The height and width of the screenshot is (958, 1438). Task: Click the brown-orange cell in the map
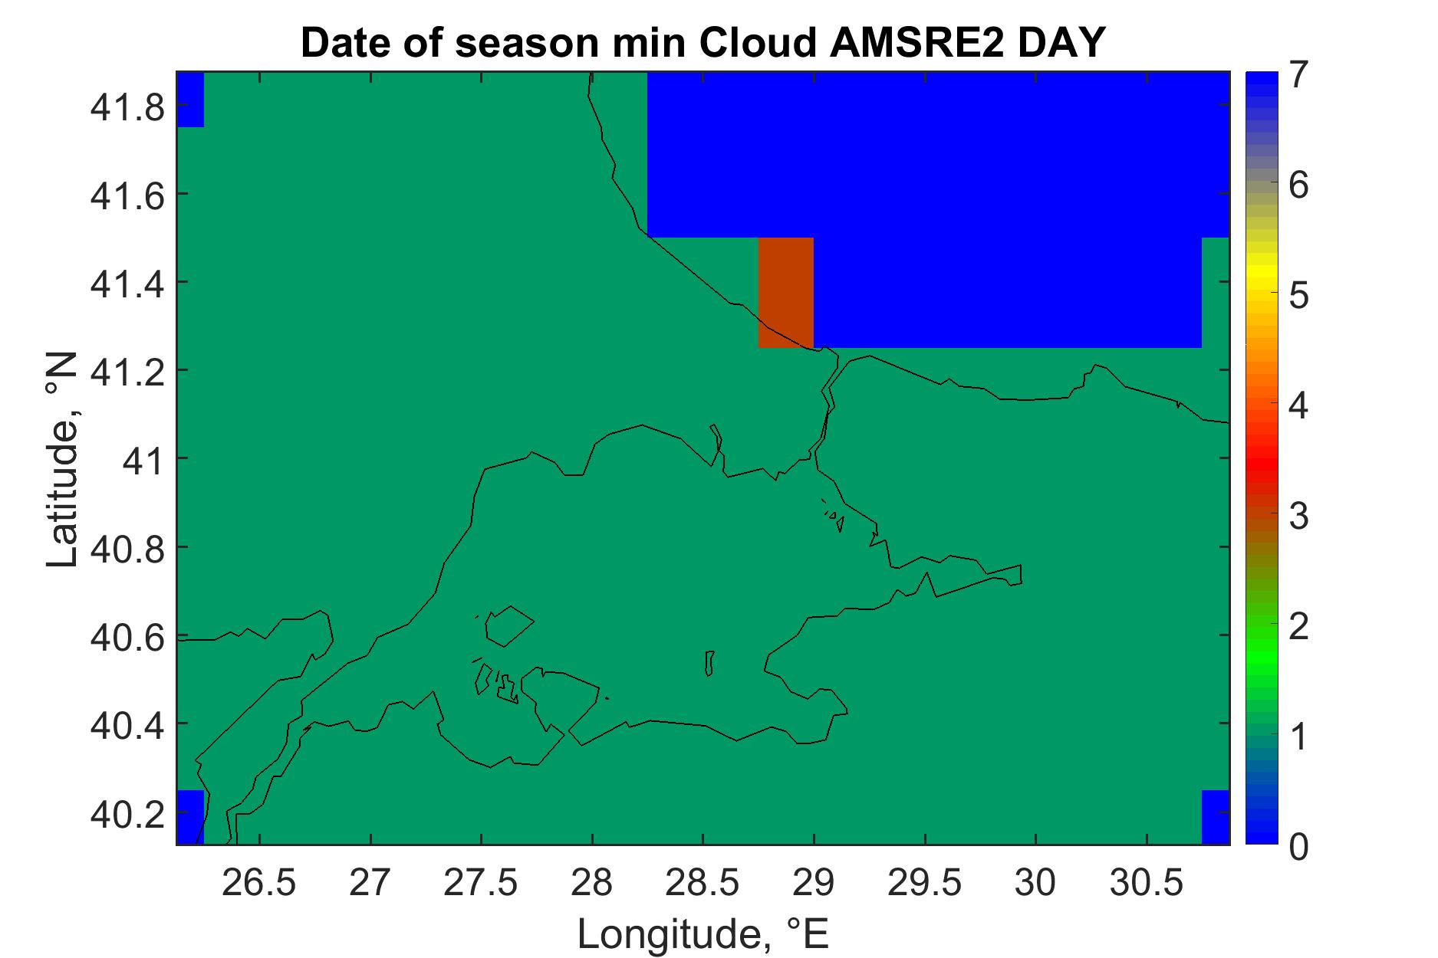785,293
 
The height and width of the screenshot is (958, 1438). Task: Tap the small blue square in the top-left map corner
190,100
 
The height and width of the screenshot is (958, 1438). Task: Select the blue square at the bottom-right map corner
1215,817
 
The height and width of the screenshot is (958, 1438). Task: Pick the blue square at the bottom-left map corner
190,817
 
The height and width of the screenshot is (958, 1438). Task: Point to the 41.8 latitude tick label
127,108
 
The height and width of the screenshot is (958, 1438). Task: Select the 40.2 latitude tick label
127,812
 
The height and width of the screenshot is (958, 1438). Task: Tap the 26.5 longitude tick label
259,884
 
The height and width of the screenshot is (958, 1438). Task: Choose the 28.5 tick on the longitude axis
703,884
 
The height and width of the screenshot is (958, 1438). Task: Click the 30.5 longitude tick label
1146,884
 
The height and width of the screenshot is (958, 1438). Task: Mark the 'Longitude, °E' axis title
703,933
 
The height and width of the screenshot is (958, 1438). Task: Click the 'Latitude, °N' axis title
62,459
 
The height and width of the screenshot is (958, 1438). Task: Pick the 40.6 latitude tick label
127,637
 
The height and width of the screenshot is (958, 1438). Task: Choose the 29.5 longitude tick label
924,884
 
